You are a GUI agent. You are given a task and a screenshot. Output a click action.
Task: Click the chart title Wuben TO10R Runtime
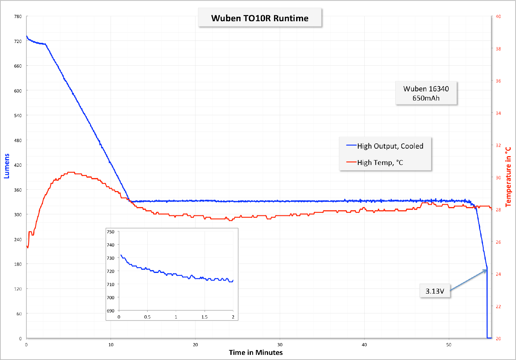260,18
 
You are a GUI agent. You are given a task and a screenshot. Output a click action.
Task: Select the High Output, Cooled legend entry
390,146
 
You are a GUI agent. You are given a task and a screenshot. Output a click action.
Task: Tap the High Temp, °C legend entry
380,163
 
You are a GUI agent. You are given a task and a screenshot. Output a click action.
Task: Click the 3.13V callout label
435,291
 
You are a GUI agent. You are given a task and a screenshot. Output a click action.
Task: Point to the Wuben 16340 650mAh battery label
426,93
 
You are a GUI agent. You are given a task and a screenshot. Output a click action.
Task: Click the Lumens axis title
7,166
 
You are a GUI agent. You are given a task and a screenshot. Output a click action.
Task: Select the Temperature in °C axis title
508,177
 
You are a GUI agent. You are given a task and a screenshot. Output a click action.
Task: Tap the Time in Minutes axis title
256,353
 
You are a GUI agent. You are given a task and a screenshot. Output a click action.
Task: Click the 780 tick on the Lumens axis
18,17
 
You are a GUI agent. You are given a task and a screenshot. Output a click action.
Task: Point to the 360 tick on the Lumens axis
18,190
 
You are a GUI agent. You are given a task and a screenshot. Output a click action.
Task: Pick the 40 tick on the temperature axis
499,17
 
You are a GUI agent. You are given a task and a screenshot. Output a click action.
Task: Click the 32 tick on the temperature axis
499,145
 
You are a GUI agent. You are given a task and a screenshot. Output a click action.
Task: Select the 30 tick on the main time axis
280,345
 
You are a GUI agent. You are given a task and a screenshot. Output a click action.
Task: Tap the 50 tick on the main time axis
449,345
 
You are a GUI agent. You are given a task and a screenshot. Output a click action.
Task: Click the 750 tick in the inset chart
110,232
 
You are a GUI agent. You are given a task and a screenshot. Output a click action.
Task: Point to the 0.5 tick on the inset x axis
147,317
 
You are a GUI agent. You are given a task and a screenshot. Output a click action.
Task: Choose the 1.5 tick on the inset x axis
204,317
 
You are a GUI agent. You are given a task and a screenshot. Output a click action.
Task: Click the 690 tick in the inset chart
110,311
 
